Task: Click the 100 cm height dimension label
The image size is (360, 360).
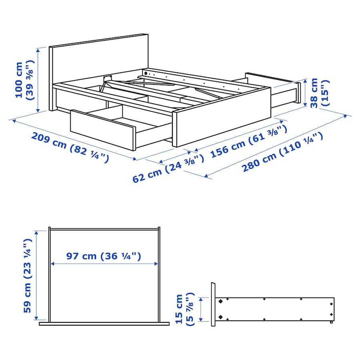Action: click(24, 80)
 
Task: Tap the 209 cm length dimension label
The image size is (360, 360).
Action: click(70, 147)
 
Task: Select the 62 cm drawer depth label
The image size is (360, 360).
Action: click(168, 168)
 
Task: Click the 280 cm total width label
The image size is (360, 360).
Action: click(283, 152)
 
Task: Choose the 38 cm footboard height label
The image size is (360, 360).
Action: click(319, 93)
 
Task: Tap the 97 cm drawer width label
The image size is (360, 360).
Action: click(104, 256)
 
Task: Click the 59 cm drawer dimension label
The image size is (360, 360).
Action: click(27, 276)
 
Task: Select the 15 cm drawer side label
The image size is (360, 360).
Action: click(184, 309)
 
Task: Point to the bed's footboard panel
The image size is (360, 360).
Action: click(222, 117)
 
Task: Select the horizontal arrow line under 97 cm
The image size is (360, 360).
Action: click(104, 264)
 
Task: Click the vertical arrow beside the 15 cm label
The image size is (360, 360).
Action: click(201, 309)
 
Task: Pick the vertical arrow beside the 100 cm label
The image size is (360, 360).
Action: click(38, 80)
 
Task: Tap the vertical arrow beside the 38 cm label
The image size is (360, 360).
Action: click(305, 93)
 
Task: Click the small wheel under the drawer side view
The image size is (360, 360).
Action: click(331, 322)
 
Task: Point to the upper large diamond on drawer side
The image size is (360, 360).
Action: click(220, 301)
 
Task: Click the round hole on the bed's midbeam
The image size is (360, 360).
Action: click(146, 74)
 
